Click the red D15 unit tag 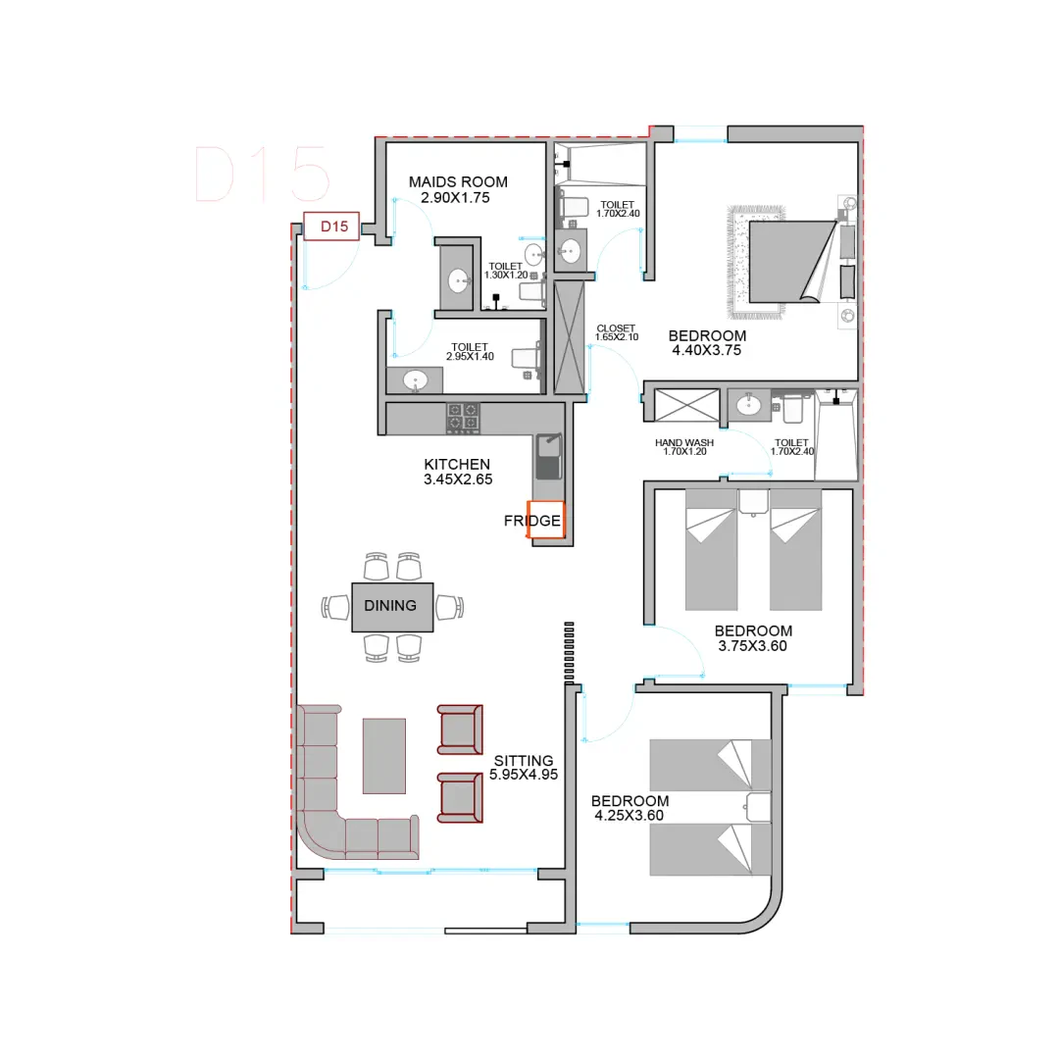pos(331,227)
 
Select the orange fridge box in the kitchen pos(546,520)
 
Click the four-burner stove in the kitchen pos(463,418)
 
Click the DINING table pos(392,607)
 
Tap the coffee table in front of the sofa pos(384,756)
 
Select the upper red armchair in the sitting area pos(460,730)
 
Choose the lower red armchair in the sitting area pos(460,797)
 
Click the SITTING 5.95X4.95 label pos(524,768)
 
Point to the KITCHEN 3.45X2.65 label pos(458,472)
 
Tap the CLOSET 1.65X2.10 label pos(617,332)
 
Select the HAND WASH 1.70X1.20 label pos(684,447)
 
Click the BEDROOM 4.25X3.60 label pos(630,808)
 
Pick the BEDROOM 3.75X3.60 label pos(753,638)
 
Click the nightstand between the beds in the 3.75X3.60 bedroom pos(753,502)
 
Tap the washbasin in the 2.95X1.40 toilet pos(415,380)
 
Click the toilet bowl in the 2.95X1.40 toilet pos(527,356)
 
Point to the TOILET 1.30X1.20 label pos(506,271)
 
